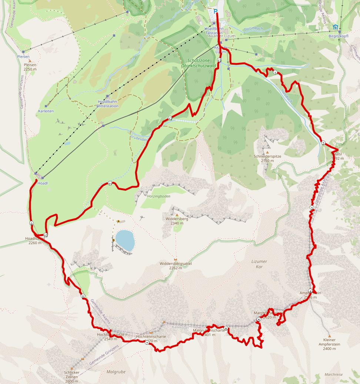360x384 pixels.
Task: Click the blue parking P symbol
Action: [x=216, y=11]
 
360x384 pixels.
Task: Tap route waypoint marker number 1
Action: [x=275, y=73]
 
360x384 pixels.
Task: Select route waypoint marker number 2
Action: [x=323, y=144]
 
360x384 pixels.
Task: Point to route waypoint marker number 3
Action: [x=312, y=208]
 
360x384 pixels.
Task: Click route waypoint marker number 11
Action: [x=110, y=183]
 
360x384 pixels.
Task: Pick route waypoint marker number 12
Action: [x=170, y=118]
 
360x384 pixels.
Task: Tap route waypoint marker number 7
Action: [x=147, y=343]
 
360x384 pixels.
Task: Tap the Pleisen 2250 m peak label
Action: [x=30, y=67]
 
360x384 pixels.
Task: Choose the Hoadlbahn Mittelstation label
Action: [x=107, y=104]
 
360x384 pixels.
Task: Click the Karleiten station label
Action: [x=46, y=111]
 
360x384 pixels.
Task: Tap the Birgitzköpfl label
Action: [x=339, y=36]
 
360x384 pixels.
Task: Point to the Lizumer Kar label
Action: [x=259, y=264]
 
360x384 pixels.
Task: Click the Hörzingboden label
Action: [x=159, y=196]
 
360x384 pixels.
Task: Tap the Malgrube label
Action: [x=116, y=371]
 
